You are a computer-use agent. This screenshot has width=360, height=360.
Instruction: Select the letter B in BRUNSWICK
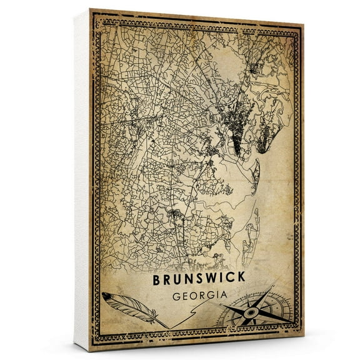tap(156, 281)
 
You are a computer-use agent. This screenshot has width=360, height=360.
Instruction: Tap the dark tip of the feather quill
tap(106, 296)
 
